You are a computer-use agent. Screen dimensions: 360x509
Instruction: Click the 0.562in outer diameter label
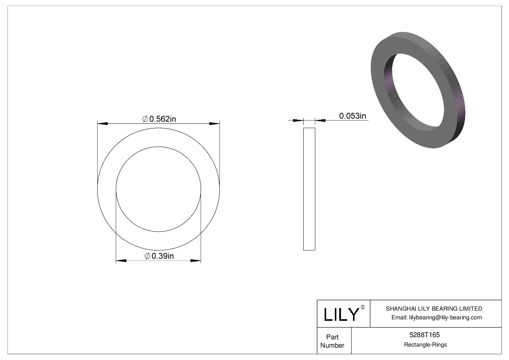click(163, 119)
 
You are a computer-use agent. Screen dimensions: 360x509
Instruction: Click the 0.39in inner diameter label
click(163, 256)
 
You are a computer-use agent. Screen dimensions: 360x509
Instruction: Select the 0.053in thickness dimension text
click(352, 116)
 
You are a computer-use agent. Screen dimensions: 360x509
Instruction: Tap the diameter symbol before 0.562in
click(145, 119)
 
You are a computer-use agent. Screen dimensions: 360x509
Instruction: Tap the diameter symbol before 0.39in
click(147, 256)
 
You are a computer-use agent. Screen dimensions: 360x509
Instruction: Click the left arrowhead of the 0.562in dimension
click(103, 124)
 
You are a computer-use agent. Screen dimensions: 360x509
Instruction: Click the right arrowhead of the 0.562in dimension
click(214, 124)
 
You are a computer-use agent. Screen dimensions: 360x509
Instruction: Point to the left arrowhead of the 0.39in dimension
click(121, 261)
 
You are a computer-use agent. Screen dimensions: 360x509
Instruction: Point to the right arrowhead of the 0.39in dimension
click(196, 261)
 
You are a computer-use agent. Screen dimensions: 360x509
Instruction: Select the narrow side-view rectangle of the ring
click(309, 189)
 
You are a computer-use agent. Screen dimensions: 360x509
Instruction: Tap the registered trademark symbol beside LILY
click(362, 308)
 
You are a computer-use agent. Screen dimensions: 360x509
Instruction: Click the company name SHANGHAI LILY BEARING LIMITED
click(434, 309)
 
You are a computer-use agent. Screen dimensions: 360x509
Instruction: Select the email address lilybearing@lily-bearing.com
click(445, 318)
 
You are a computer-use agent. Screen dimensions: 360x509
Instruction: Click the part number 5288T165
click(426, 335)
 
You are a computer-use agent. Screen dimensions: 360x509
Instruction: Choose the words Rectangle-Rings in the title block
click(426, 345)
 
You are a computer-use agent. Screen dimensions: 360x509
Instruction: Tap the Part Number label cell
click(332, 341)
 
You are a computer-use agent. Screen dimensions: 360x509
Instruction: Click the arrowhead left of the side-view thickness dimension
click(298, 120)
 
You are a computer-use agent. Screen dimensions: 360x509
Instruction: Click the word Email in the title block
click(399, 318)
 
